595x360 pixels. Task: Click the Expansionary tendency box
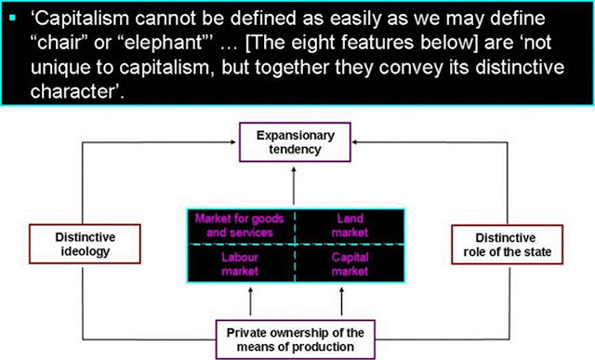point(297,142)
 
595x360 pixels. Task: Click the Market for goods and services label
point(239,225)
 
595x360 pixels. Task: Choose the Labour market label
point(239,263)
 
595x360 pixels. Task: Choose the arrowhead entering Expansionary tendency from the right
point(358,141)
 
